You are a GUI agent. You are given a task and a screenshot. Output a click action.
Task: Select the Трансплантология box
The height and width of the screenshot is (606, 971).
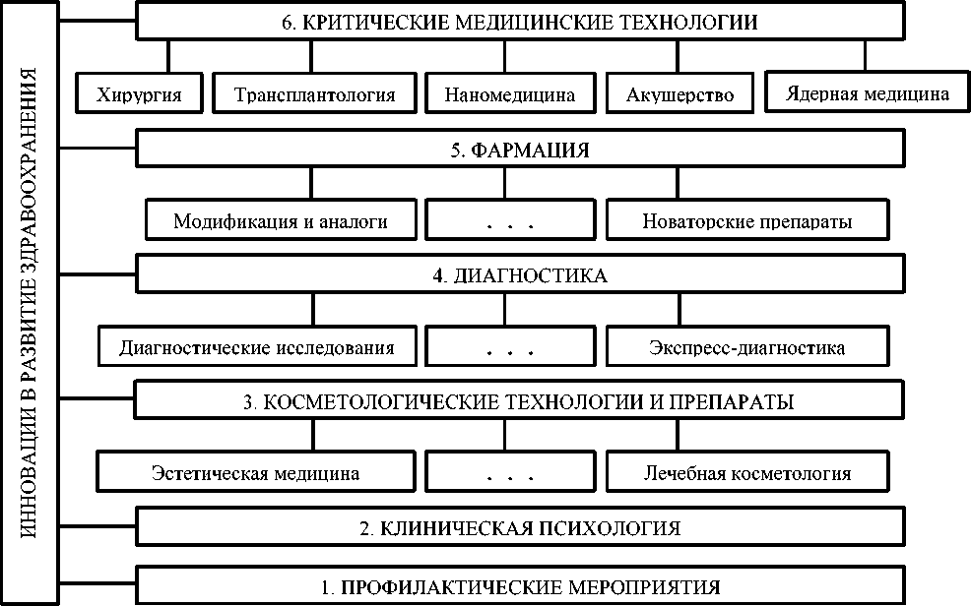(x=315, y=95)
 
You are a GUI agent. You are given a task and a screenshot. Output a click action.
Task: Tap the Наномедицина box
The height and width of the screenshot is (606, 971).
(x=509, y=95)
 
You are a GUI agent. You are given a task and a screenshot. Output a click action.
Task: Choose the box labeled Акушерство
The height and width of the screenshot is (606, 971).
(x=680, y=95)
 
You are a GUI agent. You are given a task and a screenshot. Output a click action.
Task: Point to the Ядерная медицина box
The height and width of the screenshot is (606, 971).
(x=867, y=93)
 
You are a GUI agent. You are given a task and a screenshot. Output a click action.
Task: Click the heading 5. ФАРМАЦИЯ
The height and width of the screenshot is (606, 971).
(x=519, y=151)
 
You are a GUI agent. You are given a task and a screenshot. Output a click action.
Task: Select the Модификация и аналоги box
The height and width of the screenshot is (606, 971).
(x=280, y=221)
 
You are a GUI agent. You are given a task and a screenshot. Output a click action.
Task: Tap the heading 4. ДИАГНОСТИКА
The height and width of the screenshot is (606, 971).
(x=519, y=276)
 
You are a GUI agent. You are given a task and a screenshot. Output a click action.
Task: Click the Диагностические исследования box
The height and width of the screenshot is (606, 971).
(x=256, y=347)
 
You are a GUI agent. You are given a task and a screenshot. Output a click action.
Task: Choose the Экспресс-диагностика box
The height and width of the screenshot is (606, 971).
(x=746, y=347)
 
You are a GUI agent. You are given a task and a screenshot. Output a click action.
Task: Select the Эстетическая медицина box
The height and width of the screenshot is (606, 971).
(x=256, y=473)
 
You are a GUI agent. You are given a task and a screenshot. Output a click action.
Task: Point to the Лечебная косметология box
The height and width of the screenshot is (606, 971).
(x=746, y=473)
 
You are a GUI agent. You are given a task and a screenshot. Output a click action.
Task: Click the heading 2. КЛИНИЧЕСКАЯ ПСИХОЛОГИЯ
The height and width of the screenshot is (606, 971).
(x=519, y=528)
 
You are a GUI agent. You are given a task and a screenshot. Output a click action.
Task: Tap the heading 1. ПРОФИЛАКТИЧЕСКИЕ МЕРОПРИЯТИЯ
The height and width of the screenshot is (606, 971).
(x=519, y=587)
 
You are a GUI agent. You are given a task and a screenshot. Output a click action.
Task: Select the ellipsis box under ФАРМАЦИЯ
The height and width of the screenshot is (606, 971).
(x=509, y=221)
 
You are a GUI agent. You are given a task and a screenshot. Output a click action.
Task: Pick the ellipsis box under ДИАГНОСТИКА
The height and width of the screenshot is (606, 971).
(x=509, y=347)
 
